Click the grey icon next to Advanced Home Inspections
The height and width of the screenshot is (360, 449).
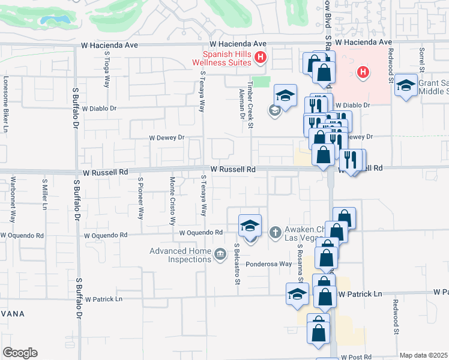click(220, 256)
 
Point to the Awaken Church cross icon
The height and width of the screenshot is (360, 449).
click(276, 232)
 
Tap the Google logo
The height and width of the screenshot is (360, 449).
click(20, 353)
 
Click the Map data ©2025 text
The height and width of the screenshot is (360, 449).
click(423, 355)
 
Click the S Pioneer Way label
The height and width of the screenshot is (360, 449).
click(140, 197)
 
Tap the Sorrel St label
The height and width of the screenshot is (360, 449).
click(422, 59)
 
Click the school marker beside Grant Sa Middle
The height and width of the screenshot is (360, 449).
click(406, 86)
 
